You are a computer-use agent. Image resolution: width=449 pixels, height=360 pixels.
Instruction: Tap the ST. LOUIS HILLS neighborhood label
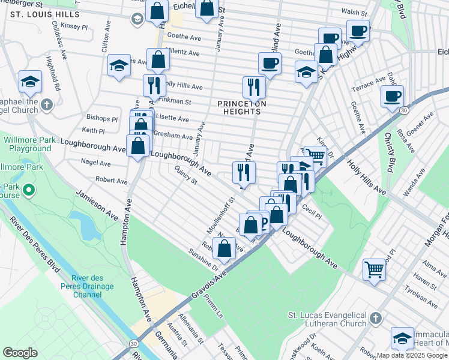coord(41,14)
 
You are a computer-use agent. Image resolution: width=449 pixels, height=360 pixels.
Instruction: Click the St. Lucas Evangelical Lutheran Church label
coord(327,319)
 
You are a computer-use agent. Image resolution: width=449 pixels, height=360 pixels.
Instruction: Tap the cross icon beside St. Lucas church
coord(375,319)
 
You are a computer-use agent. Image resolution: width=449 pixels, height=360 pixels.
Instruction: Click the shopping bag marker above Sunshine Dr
coord(224,249)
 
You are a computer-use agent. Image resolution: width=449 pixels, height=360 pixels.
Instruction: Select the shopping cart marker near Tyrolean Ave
coord(375,269)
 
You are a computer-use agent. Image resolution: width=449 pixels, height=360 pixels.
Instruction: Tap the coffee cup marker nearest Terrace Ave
coord(392,95)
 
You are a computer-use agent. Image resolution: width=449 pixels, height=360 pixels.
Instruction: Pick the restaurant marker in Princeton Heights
coord(254,86)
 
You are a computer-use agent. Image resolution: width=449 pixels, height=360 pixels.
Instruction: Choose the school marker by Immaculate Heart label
coord(402,338)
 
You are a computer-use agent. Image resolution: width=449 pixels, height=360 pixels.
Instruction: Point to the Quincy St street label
coord(184,178)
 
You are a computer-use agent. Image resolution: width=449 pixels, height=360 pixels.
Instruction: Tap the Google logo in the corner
coord(20,352)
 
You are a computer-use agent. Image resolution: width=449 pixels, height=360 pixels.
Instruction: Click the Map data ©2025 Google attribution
coord(412,355)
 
